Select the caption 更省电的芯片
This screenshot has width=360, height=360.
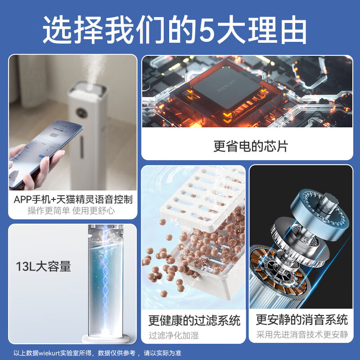[x=250, y=146]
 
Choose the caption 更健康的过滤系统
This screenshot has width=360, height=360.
[x=194, y=320]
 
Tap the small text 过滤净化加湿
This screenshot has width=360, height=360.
[x=173, y=335]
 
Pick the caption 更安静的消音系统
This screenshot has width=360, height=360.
[x=301, y=320]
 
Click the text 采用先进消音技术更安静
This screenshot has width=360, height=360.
[x=302, y=335]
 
